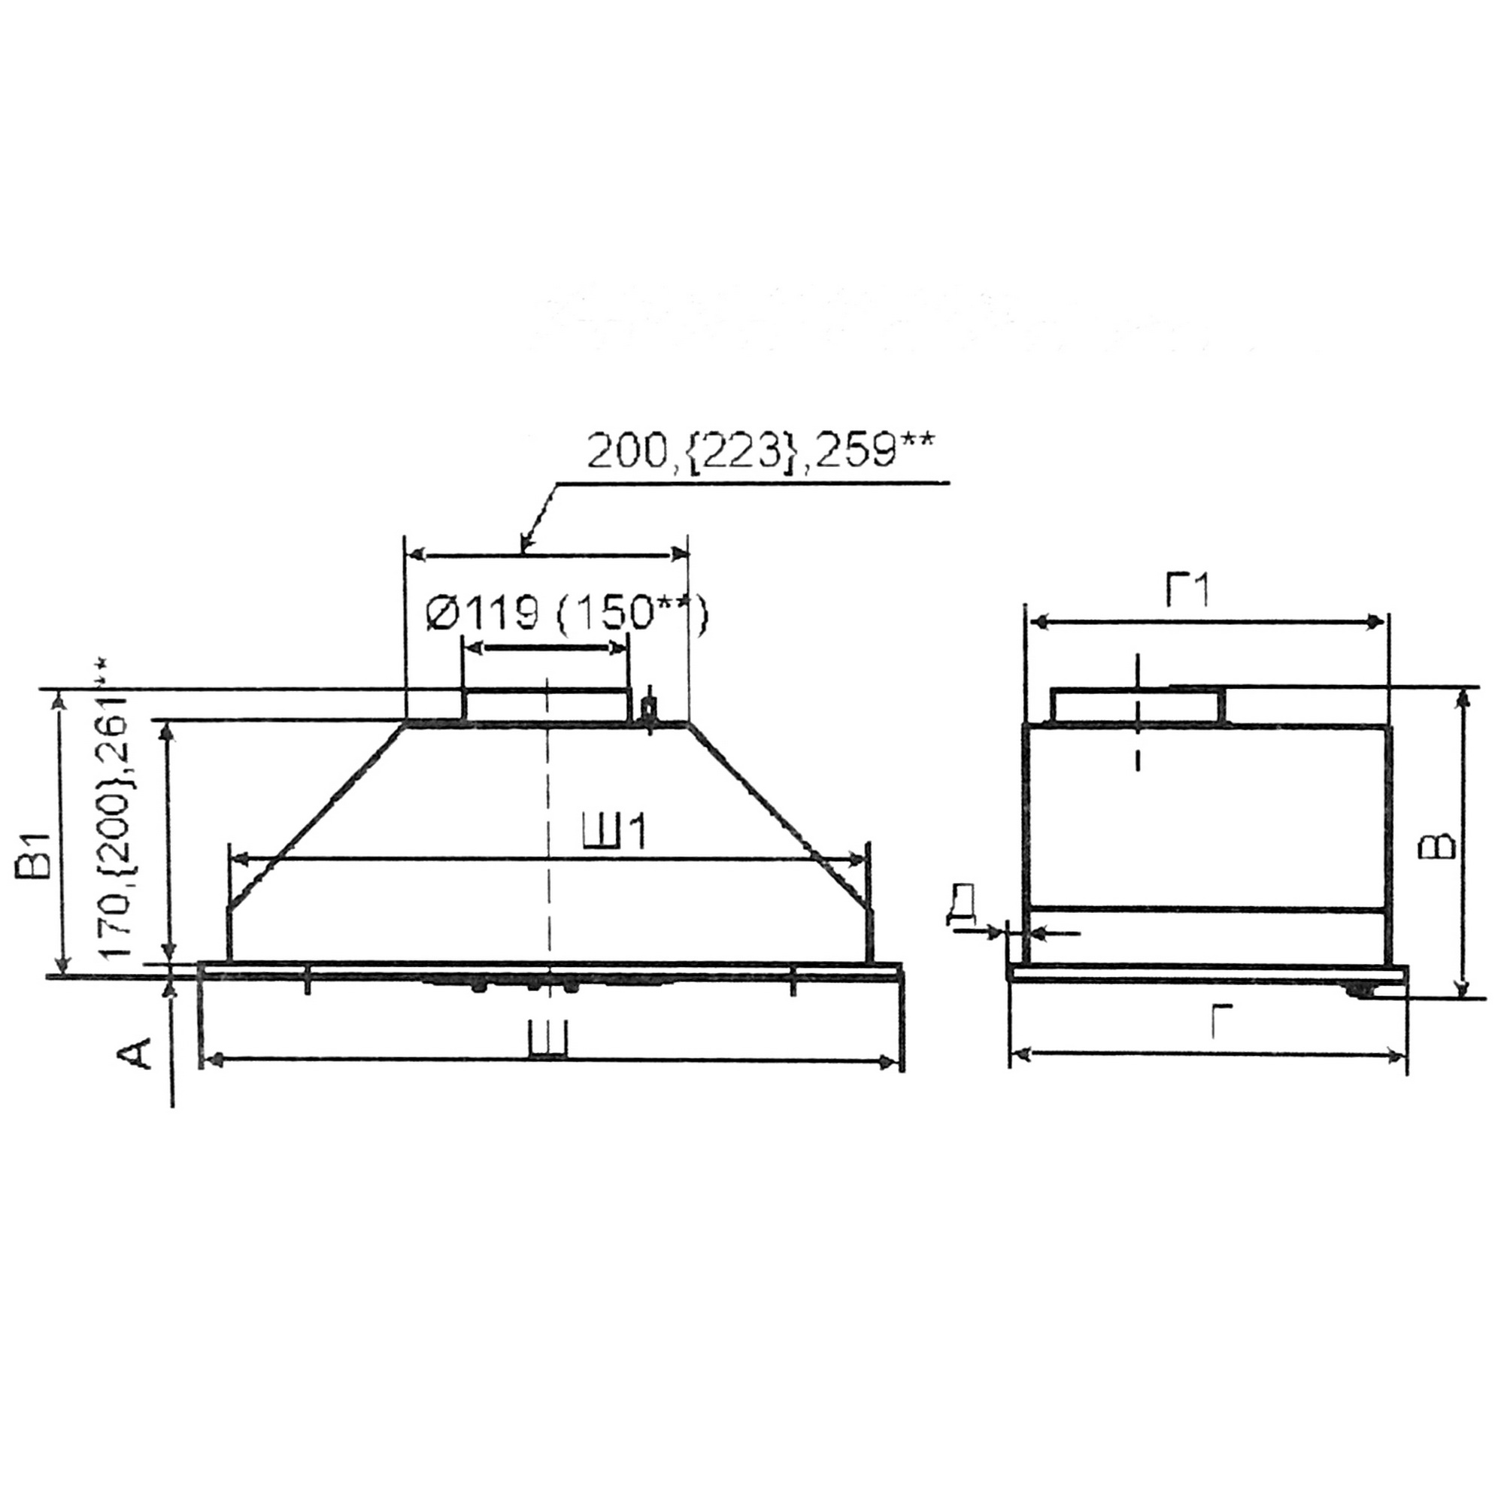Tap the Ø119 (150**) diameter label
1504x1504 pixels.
tap(568, 615)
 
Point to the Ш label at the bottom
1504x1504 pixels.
tap(547, 1040)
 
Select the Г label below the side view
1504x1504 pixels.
tap(1223, 1021)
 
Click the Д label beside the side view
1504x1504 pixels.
tap(963, 908)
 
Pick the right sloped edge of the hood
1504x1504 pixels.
tap(778, 814)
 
